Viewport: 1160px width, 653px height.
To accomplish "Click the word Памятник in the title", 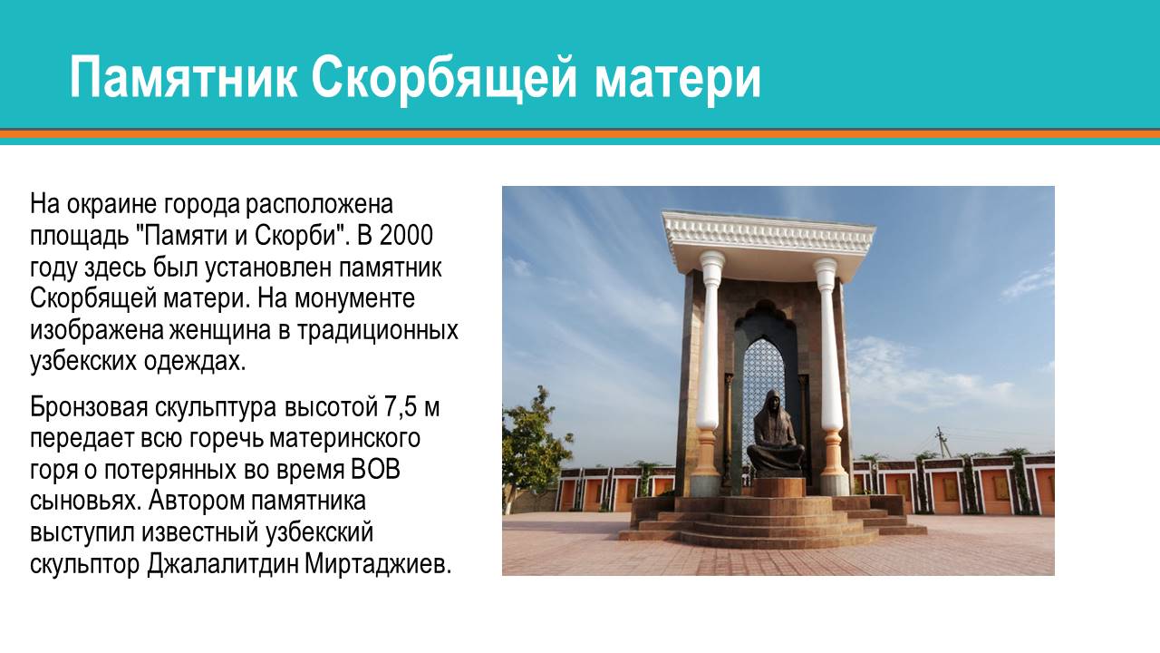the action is click(x=184, y=78).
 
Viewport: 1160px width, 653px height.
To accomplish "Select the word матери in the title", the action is click(x=678, y=79).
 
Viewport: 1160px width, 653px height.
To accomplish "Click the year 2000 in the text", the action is click(x=406, y=235).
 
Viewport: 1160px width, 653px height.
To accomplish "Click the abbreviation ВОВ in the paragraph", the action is click(x=375, y=470).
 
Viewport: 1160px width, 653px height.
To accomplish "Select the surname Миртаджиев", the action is click(x=378, y=565).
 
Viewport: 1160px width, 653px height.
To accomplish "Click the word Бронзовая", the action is click(x=89, y=407).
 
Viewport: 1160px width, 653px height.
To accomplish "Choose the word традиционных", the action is click(x=378, y=331).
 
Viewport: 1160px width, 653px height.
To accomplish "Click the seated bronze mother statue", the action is click(x=774, y=434).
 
